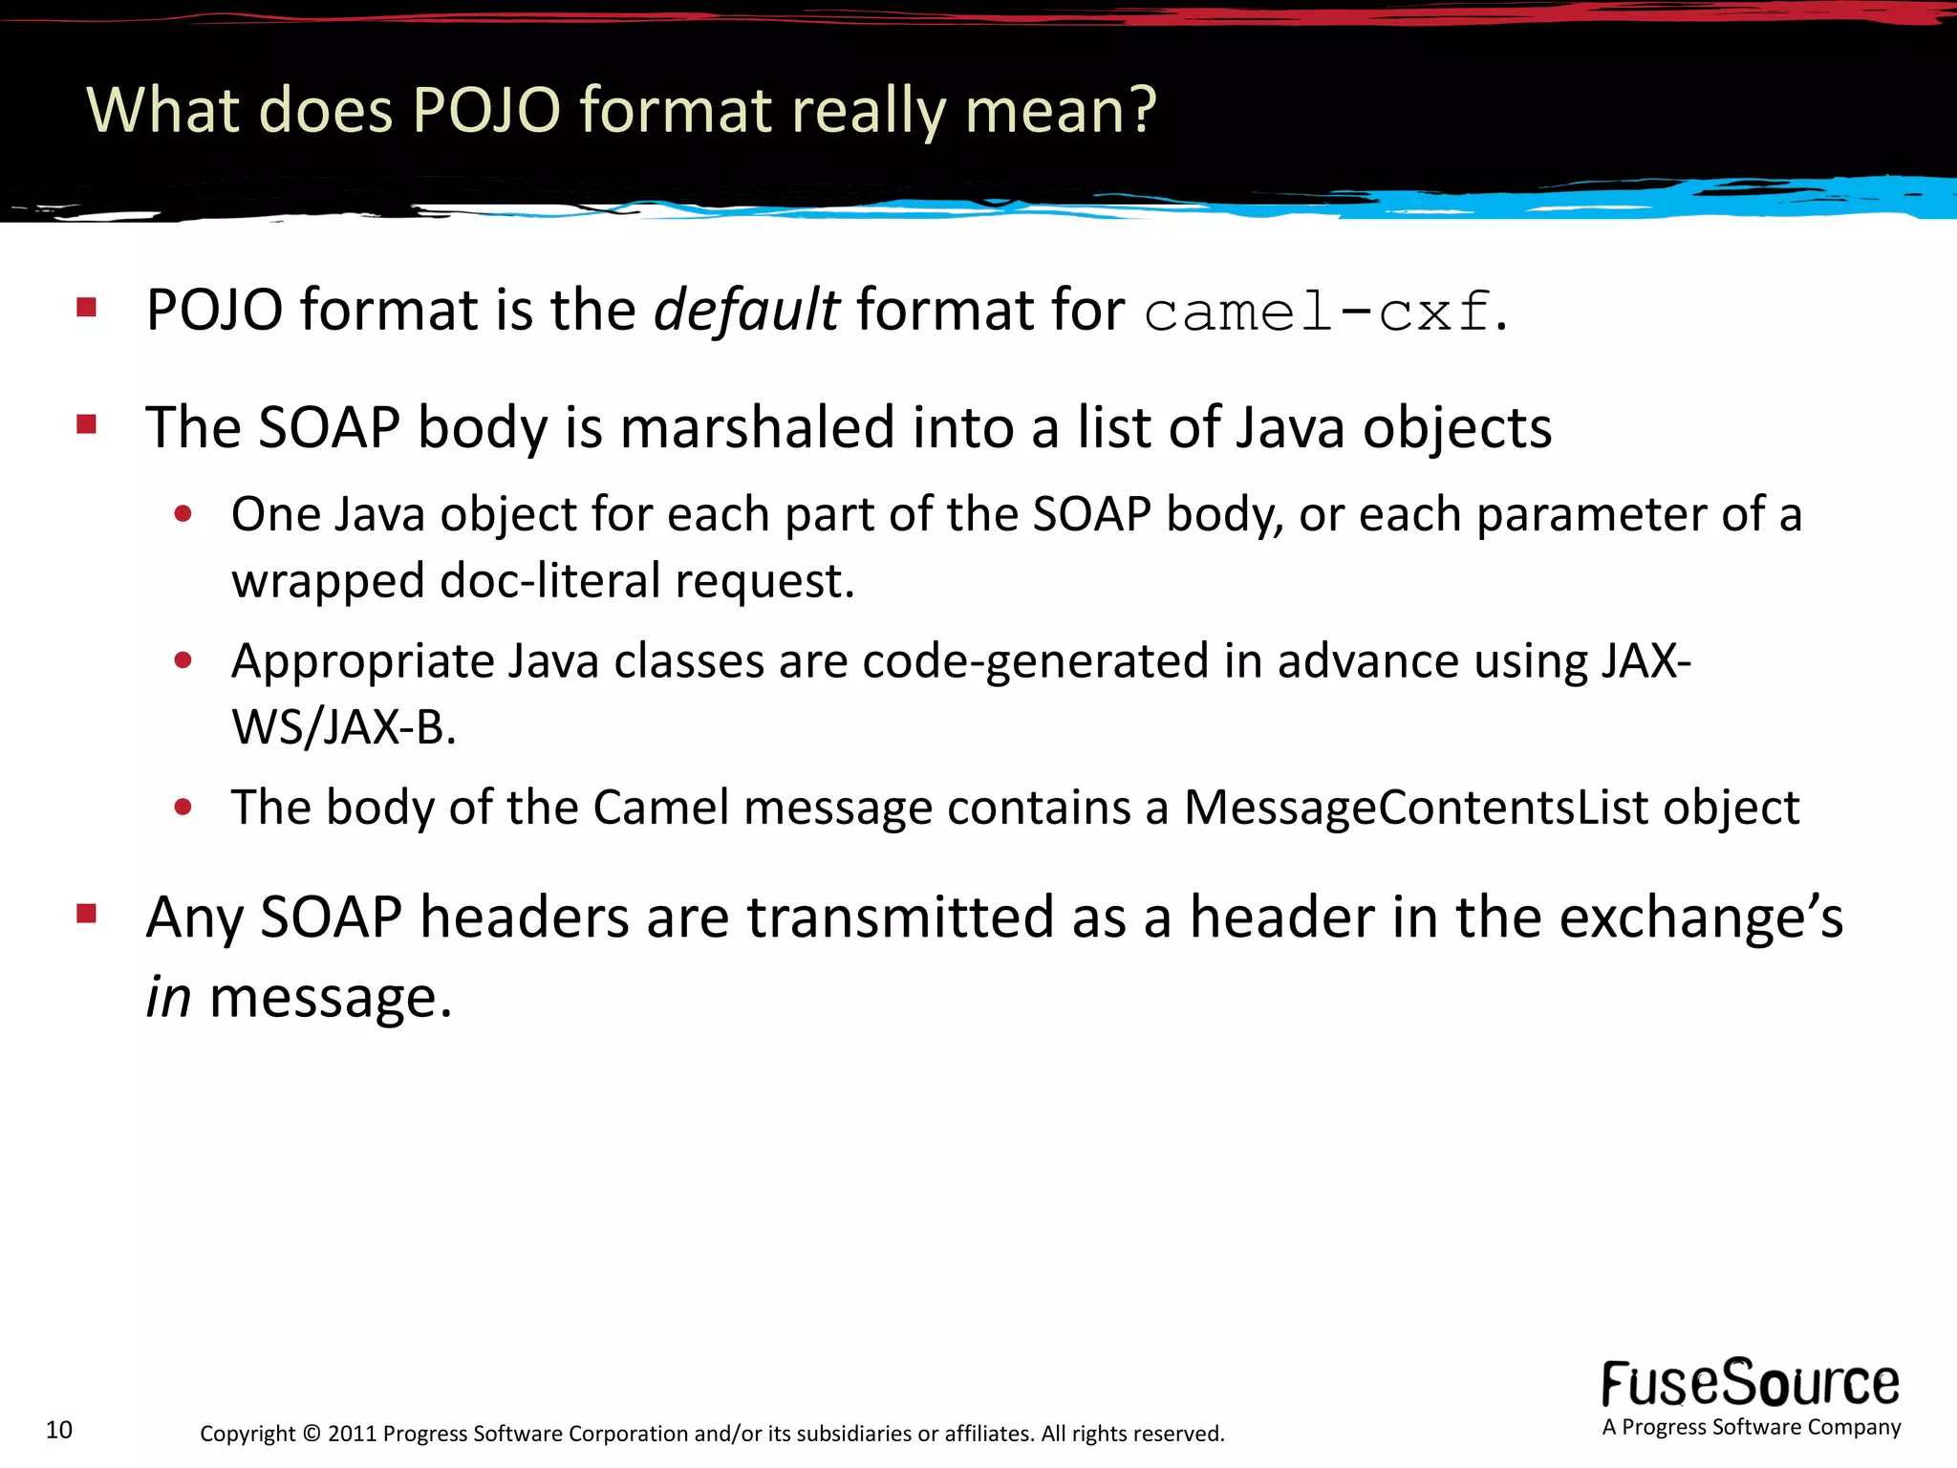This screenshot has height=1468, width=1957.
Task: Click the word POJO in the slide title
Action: coord(486,110)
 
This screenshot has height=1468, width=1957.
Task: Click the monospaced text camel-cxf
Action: coord(1317,313)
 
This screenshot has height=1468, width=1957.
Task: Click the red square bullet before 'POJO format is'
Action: coord(87,307)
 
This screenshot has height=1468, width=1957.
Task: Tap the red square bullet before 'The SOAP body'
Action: coord(87,423)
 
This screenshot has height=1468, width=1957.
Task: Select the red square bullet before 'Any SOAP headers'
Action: coord(87,914)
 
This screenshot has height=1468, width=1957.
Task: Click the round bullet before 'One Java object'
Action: coord(183,515)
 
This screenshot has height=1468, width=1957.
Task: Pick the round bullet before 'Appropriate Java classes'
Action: coord(183,660)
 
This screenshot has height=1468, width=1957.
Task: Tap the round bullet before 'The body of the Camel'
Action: coord(183,808)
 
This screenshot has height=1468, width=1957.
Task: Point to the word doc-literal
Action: coord(549,581)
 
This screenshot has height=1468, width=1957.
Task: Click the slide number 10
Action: coord(59,1430)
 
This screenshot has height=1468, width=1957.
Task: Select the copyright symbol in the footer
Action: coord(312,1434)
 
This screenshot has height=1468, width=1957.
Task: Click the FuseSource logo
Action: coord(1751,1384)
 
